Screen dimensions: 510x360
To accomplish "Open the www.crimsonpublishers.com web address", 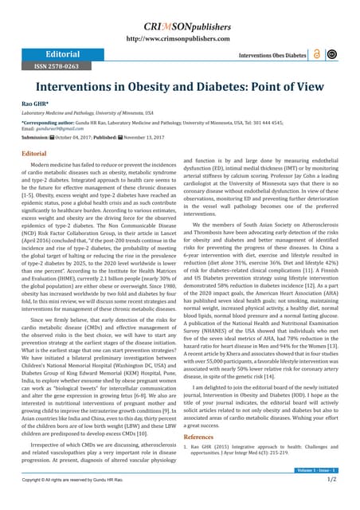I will [x=180, y=37].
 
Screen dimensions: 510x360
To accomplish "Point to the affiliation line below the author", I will [x=88, y=114].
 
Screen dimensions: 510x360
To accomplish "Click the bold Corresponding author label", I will [x=50, y=123].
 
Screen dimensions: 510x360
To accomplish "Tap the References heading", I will [x=198, y=437].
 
